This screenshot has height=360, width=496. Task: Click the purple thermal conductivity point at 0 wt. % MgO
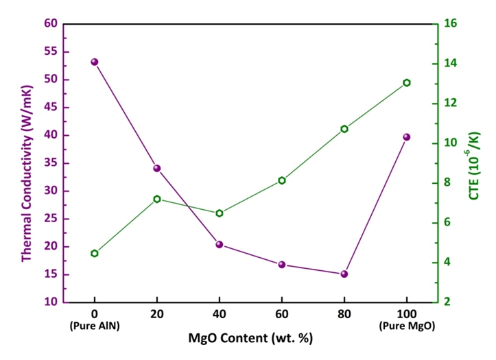click(x=95, y=62)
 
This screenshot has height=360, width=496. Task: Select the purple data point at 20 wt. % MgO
click(x=157, y=168)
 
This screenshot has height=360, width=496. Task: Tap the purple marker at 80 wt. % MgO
click(x=344, y=274)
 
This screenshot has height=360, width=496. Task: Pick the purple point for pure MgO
click(x=407, y=137)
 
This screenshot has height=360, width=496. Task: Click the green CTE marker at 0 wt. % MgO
click(x=95, y=253)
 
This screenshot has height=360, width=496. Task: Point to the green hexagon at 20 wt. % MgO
click(x=157, y=199)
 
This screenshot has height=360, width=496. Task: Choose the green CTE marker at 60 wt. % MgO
click(x=282, y=180)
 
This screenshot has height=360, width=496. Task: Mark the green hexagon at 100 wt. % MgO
click(x=407, y=83)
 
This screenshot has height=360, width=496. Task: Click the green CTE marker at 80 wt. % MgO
click(x=344, y=129)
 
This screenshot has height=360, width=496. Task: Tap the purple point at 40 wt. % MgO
click(x=220, y=244)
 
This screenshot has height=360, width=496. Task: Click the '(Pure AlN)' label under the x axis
click(x=95, y=326)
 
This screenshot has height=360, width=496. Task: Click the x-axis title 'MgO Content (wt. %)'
click(x=250, y=340)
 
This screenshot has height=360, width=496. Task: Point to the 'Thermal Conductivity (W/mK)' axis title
click(x=27, y=163)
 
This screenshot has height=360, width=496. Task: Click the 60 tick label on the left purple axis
click(x=50, y=23)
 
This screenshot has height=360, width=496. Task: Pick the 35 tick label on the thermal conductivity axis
click(x=50, y=163)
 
